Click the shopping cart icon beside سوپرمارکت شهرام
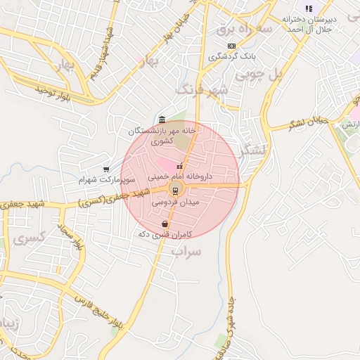coord(106,169)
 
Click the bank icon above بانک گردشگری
coord(231,46)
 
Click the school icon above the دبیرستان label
coord(309,8)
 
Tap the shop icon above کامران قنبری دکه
coord(164,224)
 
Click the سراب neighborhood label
coord(186,251)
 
